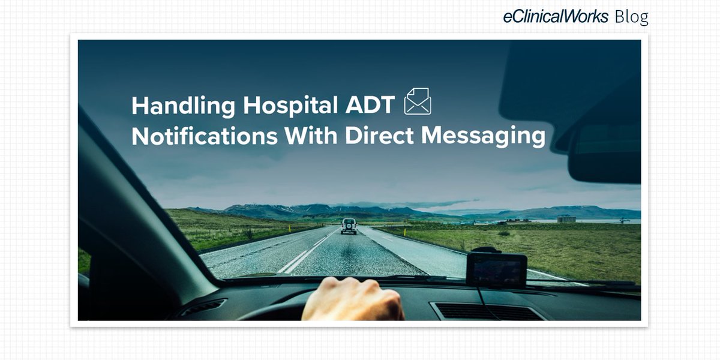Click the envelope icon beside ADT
click(x=418, y=101)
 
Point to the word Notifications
click(x=204, y=136)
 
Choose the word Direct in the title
click(x=380, y=136)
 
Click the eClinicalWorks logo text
click(x=556, y=17)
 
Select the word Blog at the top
click(x=632, y=17)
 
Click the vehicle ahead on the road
click(x=349, y=226)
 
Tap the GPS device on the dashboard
click(x=497, y=269)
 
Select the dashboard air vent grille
click(x=486, y=311)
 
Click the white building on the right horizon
click(x=566, y=219)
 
